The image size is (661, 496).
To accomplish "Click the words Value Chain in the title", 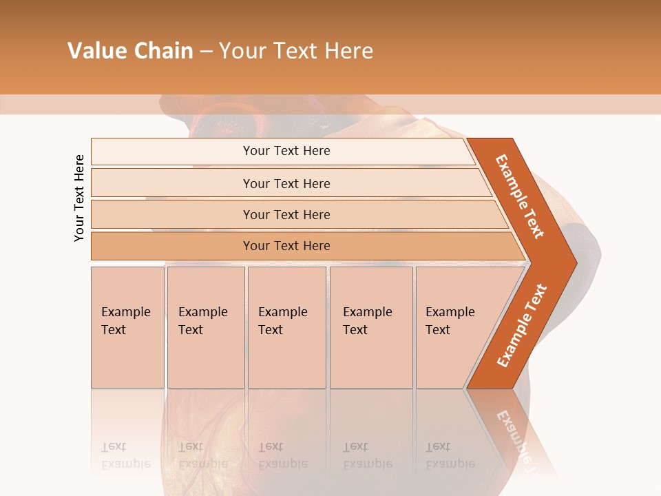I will (130, 51).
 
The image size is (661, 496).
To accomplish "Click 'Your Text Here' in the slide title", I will (296, 51).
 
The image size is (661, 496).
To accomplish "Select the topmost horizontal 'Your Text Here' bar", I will (286, 151).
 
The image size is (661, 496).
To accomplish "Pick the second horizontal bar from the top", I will (286, 183).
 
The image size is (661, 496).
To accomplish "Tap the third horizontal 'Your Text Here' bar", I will (286, 214).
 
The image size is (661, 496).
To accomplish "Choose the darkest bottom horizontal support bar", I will (286, 246).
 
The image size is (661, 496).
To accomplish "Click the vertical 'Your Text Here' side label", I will (79, 198).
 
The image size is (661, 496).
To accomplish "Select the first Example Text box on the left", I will (127, 327).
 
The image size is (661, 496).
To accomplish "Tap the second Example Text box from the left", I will (205, 327).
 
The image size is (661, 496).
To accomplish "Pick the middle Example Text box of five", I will (286, 327).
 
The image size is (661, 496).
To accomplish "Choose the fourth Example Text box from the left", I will (370, 327).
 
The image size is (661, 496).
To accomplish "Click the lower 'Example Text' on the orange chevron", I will (522, 325).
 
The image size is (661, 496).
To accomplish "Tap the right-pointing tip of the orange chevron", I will (573, 262).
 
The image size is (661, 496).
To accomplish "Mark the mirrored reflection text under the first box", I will (126, 455).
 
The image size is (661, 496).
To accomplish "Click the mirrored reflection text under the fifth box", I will (450, 455).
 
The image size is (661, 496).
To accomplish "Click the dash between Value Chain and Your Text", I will (206, 51).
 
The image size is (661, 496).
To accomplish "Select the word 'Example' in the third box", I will (282, 312).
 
